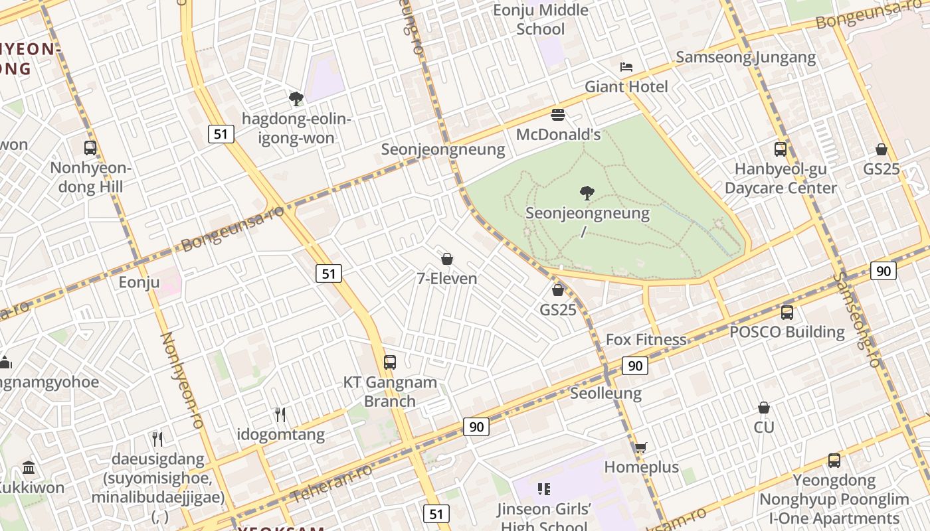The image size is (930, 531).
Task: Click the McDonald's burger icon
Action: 558,115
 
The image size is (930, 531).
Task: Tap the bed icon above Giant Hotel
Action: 626,66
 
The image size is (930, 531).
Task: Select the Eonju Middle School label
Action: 541,19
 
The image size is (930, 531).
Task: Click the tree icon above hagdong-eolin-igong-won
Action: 296,99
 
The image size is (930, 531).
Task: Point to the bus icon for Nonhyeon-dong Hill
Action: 90,148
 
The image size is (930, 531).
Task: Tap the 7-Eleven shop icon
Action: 447,258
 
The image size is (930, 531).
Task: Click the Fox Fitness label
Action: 646,340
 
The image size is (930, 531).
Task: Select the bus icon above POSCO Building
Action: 787,312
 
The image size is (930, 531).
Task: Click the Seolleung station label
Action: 606,394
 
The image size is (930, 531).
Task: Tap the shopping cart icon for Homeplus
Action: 640,447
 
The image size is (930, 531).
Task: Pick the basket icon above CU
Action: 764,408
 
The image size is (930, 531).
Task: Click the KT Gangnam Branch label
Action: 390,392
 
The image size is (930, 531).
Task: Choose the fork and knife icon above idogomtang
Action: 280,415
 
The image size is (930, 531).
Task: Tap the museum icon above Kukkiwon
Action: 29,468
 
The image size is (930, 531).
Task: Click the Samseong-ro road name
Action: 858,319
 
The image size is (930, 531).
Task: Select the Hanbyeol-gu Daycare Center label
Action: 781,179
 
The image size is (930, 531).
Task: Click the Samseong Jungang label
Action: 745,57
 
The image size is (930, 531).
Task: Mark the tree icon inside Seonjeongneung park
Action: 587,193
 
